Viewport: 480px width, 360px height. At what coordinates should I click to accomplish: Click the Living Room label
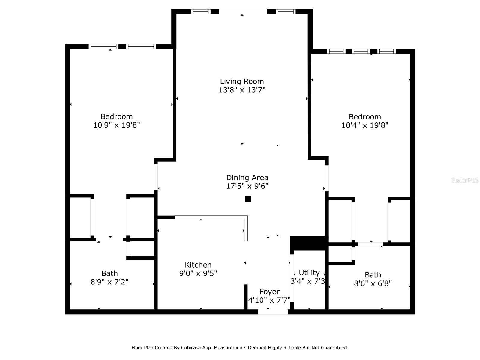242,82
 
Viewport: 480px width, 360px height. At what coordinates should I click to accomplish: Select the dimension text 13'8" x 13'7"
242,90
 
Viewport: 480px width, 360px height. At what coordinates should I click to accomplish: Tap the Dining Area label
247,178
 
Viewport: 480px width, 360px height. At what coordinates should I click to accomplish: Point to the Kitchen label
198,265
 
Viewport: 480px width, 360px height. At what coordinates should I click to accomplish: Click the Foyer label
269,292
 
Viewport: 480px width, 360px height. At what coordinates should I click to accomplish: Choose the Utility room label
309,273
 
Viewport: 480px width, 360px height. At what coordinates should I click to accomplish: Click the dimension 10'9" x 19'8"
117,125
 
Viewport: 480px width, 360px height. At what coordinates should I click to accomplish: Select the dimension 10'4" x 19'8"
365,125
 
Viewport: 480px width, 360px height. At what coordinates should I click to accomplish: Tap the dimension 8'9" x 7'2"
109,282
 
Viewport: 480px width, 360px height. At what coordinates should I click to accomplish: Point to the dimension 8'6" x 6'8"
373,283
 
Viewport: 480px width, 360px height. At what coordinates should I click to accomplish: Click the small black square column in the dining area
248,199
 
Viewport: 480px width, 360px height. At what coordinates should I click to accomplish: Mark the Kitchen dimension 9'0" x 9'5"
198,273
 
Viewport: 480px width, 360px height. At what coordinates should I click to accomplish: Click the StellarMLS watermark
465,180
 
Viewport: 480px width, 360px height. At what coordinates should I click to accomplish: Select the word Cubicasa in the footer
191,348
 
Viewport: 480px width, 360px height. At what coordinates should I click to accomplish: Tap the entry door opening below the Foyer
273,312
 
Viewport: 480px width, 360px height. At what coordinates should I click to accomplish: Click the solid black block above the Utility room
309,243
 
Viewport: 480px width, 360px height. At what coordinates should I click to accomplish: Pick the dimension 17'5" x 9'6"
247,186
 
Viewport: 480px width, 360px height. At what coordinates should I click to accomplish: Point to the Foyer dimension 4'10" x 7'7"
269,300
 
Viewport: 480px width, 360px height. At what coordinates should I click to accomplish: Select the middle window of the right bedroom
361,51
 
